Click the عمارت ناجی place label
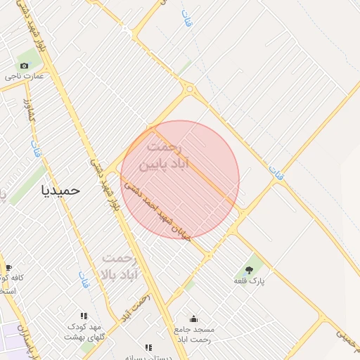pyautogui.click(x=25, y=76)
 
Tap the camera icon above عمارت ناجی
pyautogui.click(x=25, y=65)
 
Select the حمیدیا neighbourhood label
pyautogui.click(x=61, y=189)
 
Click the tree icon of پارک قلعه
pyautogui.click(x=249, y=269)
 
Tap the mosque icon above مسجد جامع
pyautogui.click(x=193, y=319)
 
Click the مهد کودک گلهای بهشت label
pyautogui.click(x=84, y=332)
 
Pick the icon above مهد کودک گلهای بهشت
pyautogui.click(x=84, y=316)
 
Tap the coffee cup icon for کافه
pyautogui.click(x=8, y=267)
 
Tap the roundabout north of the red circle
pyautogui.click(x=188, y=89)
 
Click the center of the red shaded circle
pyautogui.click(x=180, y=179)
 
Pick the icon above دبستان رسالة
pyautogui.click(x=148, y=347)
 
